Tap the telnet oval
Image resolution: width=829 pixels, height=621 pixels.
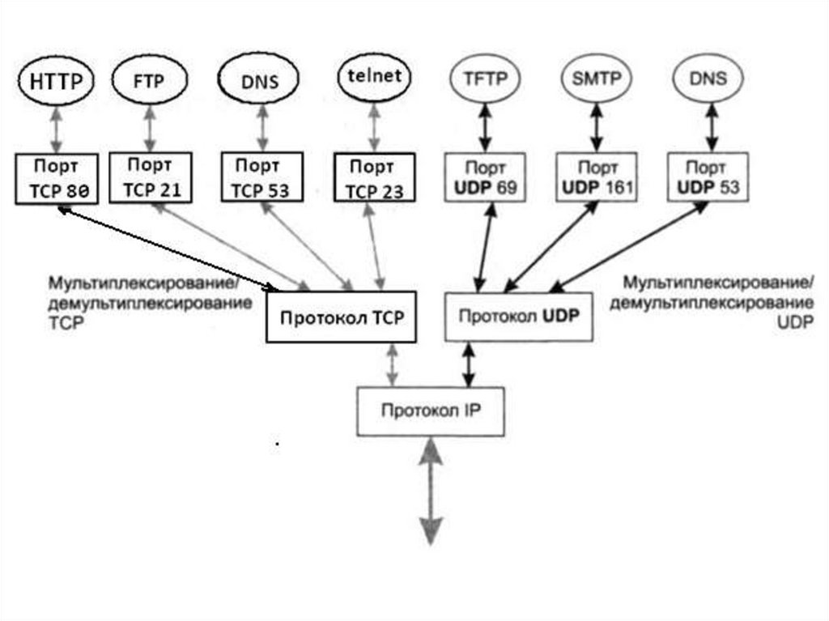[x=374, y=79]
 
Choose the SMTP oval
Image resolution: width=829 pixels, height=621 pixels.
[x=597, y=79]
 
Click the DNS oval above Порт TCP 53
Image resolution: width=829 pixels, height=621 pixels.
[x=259, y=81]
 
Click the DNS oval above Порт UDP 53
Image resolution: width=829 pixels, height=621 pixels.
[x=710, y=79]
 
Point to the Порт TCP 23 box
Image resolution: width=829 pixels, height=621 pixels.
[x=374, y=178]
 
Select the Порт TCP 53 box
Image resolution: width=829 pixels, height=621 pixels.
[x=261, y=177]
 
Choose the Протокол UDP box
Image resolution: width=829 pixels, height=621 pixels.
[x=518, y=316]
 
